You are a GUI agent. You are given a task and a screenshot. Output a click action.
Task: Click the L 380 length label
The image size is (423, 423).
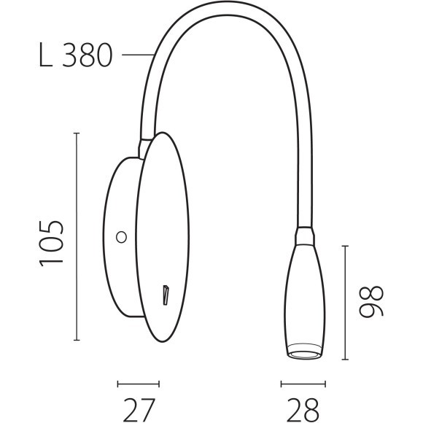coord(75,55)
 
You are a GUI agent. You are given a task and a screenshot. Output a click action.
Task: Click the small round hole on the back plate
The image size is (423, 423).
coord(122,236)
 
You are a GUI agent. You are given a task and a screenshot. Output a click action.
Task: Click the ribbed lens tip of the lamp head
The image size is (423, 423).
coord(303,352)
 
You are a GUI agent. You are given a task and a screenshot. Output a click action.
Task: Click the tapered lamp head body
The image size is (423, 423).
coord(303,292)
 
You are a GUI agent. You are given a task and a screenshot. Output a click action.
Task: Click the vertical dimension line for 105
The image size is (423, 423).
coord(77,237)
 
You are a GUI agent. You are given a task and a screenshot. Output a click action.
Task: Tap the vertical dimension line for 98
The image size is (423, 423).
coord(346,303)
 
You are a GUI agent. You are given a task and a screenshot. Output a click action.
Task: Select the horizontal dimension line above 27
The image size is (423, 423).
coord(138,383)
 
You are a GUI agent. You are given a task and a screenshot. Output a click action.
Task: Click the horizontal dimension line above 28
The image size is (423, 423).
coord(303,383)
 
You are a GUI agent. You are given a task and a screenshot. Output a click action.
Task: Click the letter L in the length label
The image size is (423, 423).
coord(45,55)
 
